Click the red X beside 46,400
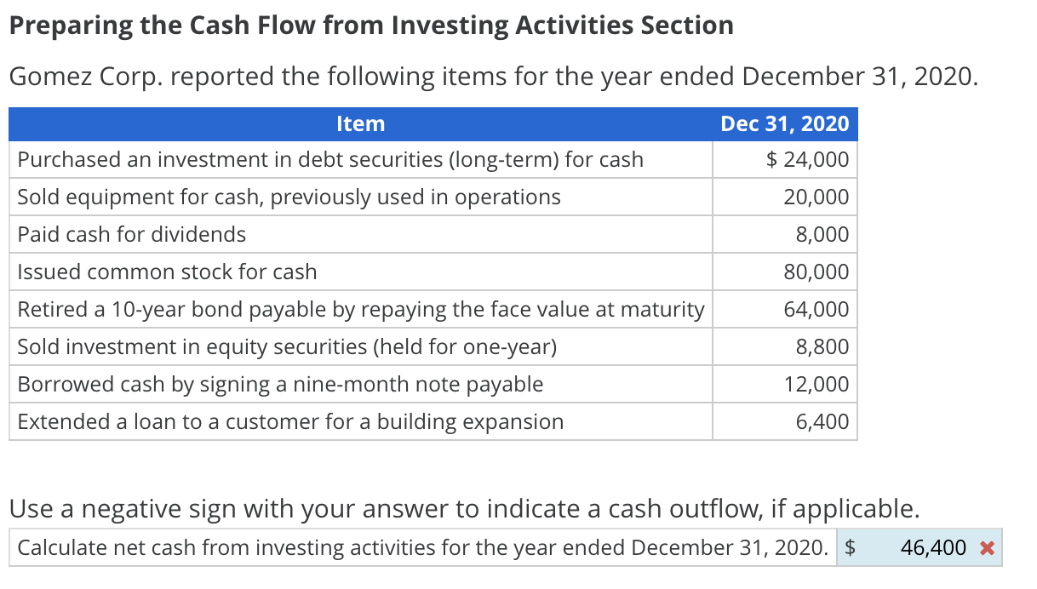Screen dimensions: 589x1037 pos(987,548)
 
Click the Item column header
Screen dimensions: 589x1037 pos(360,124)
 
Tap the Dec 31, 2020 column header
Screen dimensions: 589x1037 pos(784,124)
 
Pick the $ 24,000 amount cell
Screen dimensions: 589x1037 pos(807,160)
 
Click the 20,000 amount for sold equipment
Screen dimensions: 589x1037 pos(816,197)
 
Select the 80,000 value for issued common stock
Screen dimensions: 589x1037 pos(816,272)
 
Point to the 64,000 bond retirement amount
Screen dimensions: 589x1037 pos(816,310)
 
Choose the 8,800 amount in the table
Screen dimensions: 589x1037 pos(822,347)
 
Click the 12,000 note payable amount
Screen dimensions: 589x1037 pos(816,385)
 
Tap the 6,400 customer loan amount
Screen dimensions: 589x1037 pos(822,422)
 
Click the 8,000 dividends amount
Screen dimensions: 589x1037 pos(822,235)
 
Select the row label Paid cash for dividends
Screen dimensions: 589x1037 pos(132,235)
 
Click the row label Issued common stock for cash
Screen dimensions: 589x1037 pos(167,272)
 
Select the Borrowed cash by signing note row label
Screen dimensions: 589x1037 pos(280,385)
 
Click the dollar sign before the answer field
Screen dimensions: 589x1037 pos(849,548)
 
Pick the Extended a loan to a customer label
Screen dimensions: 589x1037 pos(290,422)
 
